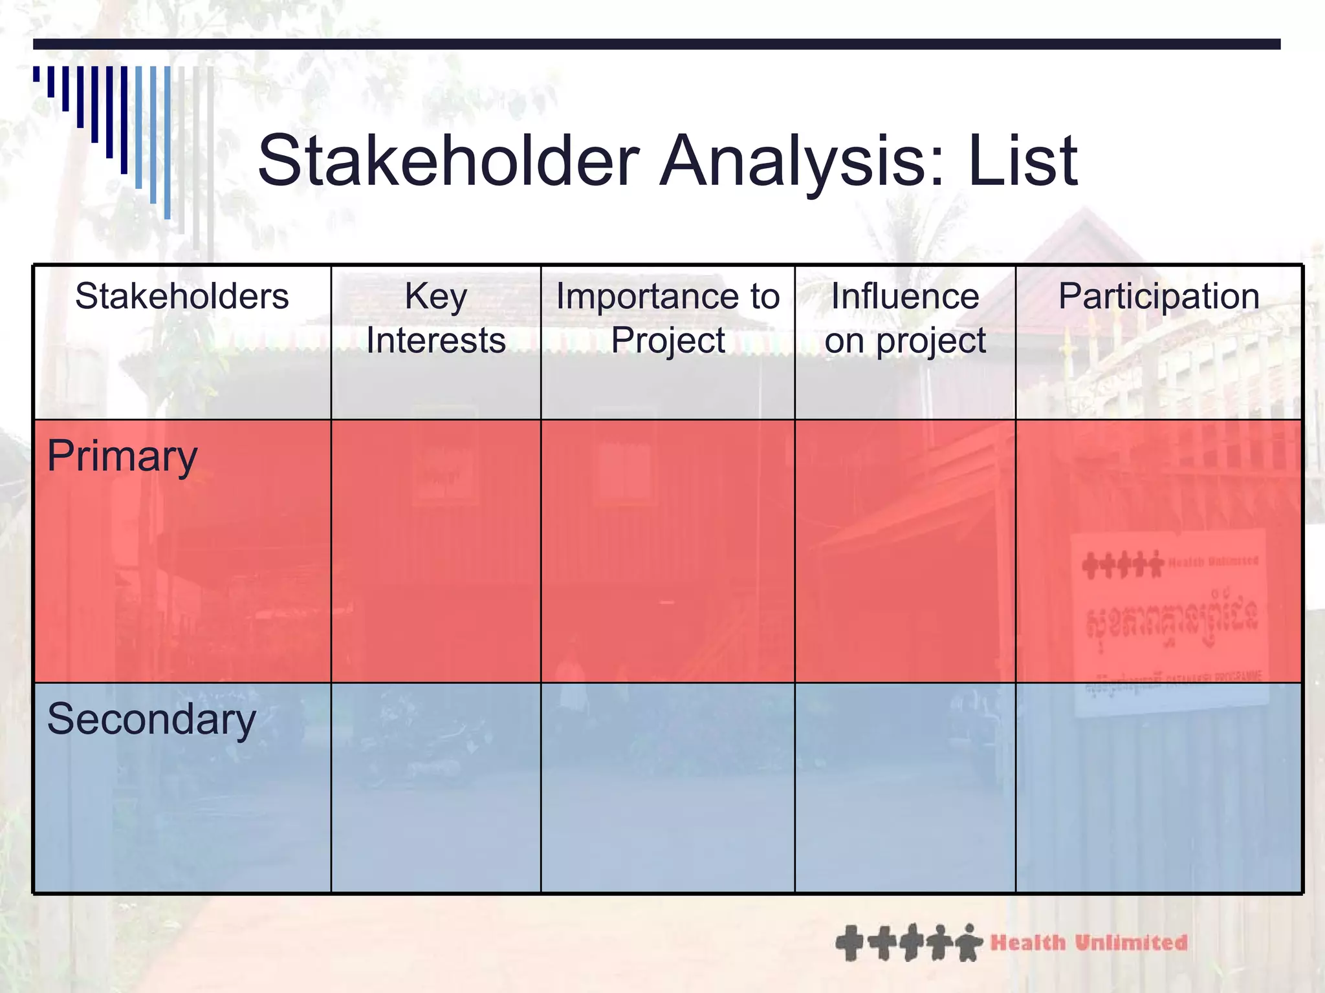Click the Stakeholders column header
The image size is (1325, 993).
pyautogui.click(x=182, y=297)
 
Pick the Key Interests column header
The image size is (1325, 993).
pyautogui.click(x=435, y=318)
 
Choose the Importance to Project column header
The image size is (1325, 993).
pyautogui.click(x=668, y=318)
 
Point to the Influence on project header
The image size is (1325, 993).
pyautogui.click(x=904, y=318)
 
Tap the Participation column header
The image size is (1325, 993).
pyautogui.click(x=1158, y=297)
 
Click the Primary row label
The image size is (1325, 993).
pyautogui.click(x=122, y=457)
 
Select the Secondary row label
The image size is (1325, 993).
pyautogui.click(x=151, y=720)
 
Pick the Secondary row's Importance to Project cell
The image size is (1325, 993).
pyautogui.click(x=668, y=787)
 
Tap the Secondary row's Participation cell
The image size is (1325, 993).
pyautogui.click(x=1158, y=787)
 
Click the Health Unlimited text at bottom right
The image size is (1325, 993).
pyautogui.click(x=1089, y=943)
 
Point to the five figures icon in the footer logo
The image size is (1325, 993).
pyautogui.click(x=908, y=943)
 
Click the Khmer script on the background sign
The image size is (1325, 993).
pyautogui.click(x=1171, y=617)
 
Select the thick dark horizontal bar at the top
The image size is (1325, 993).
pyautogui.click(x=656, y=44)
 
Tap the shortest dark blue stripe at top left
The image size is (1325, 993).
pyautogui.click(x=36, y=74)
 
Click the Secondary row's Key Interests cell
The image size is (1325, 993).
pyautogui.click(x=435, y=787)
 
